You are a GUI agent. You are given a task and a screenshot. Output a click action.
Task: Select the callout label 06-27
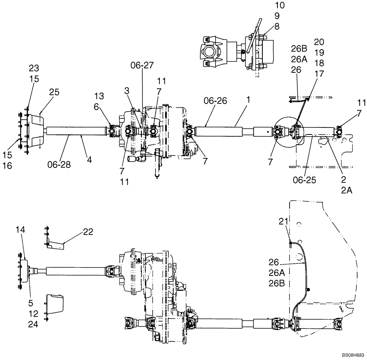coord(141,65)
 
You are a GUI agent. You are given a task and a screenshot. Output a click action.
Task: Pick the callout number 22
coord(88,232)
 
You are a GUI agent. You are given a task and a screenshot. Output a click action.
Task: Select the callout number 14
coord(21,229)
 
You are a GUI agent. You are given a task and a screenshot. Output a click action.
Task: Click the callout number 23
coord(34,68)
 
